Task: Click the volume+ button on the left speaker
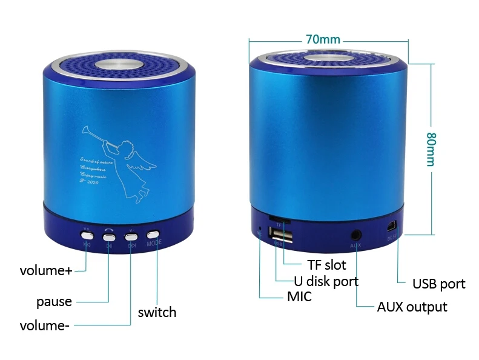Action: coord(87,233)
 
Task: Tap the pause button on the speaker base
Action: coord(110,233)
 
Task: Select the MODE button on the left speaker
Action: coord(153,234)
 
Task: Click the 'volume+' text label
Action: coord(45,270)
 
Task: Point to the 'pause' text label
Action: coord(54,301)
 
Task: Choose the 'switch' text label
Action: coord(157,313)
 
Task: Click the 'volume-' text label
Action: coord(44,325)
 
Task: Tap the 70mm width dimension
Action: coord(323,39)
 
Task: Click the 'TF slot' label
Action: coord(326,265)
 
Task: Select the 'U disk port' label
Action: coord(326,281)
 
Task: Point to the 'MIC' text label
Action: coord(299,296)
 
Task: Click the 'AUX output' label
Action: coord(412,307)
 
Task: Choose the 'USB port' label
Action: coord(438,284)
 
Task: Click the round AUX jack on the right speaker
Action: coord(355,233)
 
